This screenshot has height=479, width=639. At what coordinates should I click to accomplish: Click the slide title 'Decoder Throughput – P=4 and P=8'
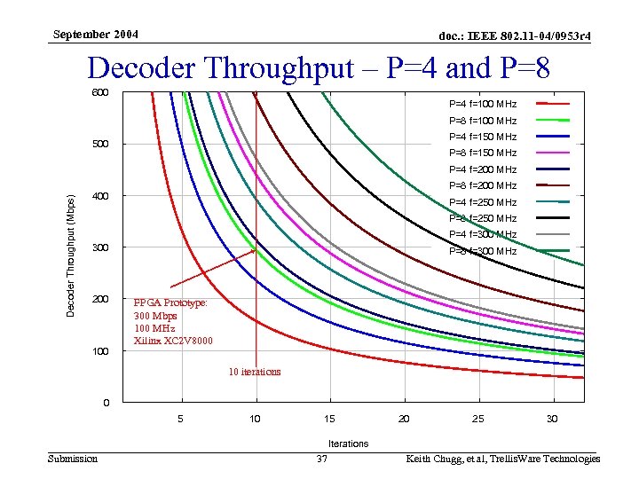(319, 68)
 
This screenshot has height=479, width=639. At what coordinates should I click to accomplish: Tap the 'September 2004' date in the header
(95, 35)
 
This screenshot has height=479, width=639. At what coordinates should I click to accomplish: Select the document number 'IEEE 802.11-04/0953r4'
(515, 35)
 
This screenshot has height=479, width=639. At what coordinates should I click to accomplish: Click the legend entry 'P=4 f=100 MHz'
(483, 104)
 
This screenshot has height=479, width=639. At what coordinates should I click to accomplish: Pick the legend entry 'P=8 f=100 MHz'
(483, 121)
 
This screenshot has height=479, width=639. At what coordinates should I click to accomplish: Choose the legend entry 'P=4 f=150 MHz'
(483, 137)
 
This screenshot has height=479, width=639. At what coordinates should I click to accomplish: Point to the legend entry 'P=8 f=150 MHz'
(483, 153)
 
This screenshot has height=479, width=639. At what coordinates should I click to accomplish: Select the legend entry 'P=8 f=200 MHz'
(483, 185)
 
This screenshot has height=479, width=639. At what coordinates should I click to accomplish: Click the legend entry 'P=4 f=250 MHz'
(483, 202)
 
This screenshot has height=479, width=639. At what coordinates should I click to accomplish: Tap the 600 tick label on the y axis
(99, 93)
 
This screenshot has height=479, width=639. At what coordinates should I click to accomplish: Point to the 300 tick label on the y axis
(99, 247)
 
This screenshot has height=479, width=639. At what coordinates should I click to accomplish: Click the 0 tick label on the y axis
(106, 404)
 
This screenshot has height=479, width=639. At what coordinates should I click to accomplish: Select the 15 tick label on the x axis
(329, 419)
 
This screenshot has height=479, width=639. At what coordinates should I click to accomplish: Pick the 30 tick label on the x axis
(552, 419)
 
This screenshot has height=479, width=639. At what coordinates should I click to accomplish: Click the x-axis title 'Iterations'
(348, 443)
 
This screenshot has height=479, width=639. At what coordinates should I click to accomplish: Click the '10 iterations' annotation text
(255, 372)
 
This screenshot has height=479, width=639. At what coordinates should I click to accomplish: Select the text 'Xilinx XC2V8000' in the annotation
(173, 341)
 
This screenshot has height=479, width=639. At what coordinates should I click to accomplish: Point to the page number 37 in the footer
(323, 459)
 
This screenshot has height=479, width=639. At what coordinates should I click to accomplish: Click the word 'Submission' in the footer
(73, 459)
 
